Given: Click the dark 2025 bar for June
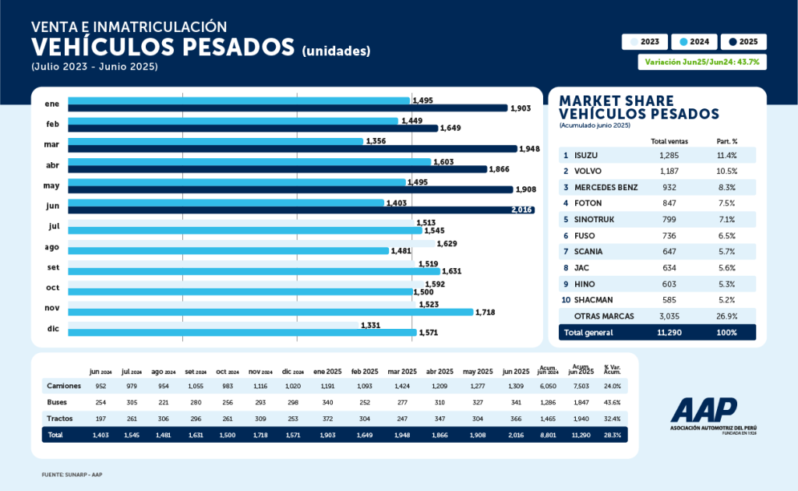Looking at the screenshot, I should (301, 210).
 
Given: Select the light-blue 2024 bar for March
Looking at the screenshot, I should (216, 141).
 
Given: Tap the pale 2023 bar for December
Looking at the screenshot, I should (213, 325).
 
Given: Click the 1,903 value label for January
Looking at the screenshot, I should (521, 108).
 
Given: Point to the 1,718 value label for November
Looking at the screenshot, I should (485, 312).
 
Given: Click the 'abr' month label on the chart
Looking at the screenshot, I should (53, 164).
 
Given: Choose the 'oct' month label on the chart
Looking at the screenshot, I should (53, 288).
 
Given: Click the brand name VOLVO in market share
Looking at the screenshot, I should (590, 171).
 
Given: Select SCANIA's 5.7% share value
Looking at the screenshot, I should (726, 252).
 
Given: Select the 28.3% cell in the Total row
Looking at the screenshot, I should (612, 435).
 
